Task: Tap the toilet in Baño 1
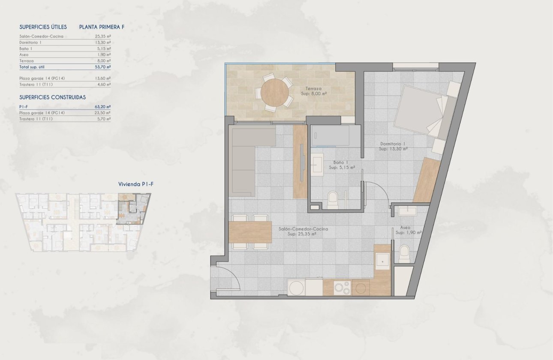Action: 333,201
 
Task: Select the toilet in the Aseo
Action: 404,254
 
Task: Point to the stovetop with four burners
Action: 342,287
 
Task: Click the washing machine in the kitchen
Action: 297,288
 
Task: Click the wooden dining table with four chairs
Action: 250,232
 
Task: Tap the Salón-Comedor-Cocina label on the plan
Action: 303,229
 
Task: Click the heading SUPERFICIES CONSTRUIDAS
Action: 53,97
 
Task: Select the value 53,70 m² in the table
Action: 102,67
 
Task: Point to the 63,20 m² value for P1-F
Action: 102,106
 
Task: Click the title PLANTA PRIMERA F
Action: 102,27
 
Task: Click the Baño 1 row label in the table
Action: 26,49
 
